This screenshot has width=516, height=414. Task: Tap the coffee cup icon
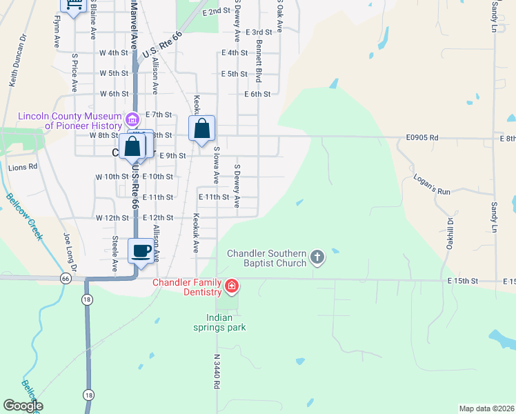click(141, 250)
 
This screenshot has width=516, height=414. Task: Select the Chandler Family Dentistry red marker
click(232, 285)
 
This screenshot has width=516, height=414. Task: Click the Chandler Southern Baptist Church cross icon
click(317, 257)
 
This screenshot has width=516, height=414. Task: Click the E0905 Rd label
click(422, 137)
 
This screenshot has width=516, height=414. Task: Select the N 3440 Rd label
click(216, 373)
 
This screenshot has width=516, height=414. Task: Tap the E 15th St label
click(462, 281)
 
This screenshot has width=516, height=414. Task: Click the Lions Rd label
click(22, 167)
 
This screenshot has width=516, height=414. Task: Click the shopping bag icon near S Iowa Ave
click(201, 129)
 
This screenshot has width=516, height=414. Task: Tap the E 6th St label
click(257, 94)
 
